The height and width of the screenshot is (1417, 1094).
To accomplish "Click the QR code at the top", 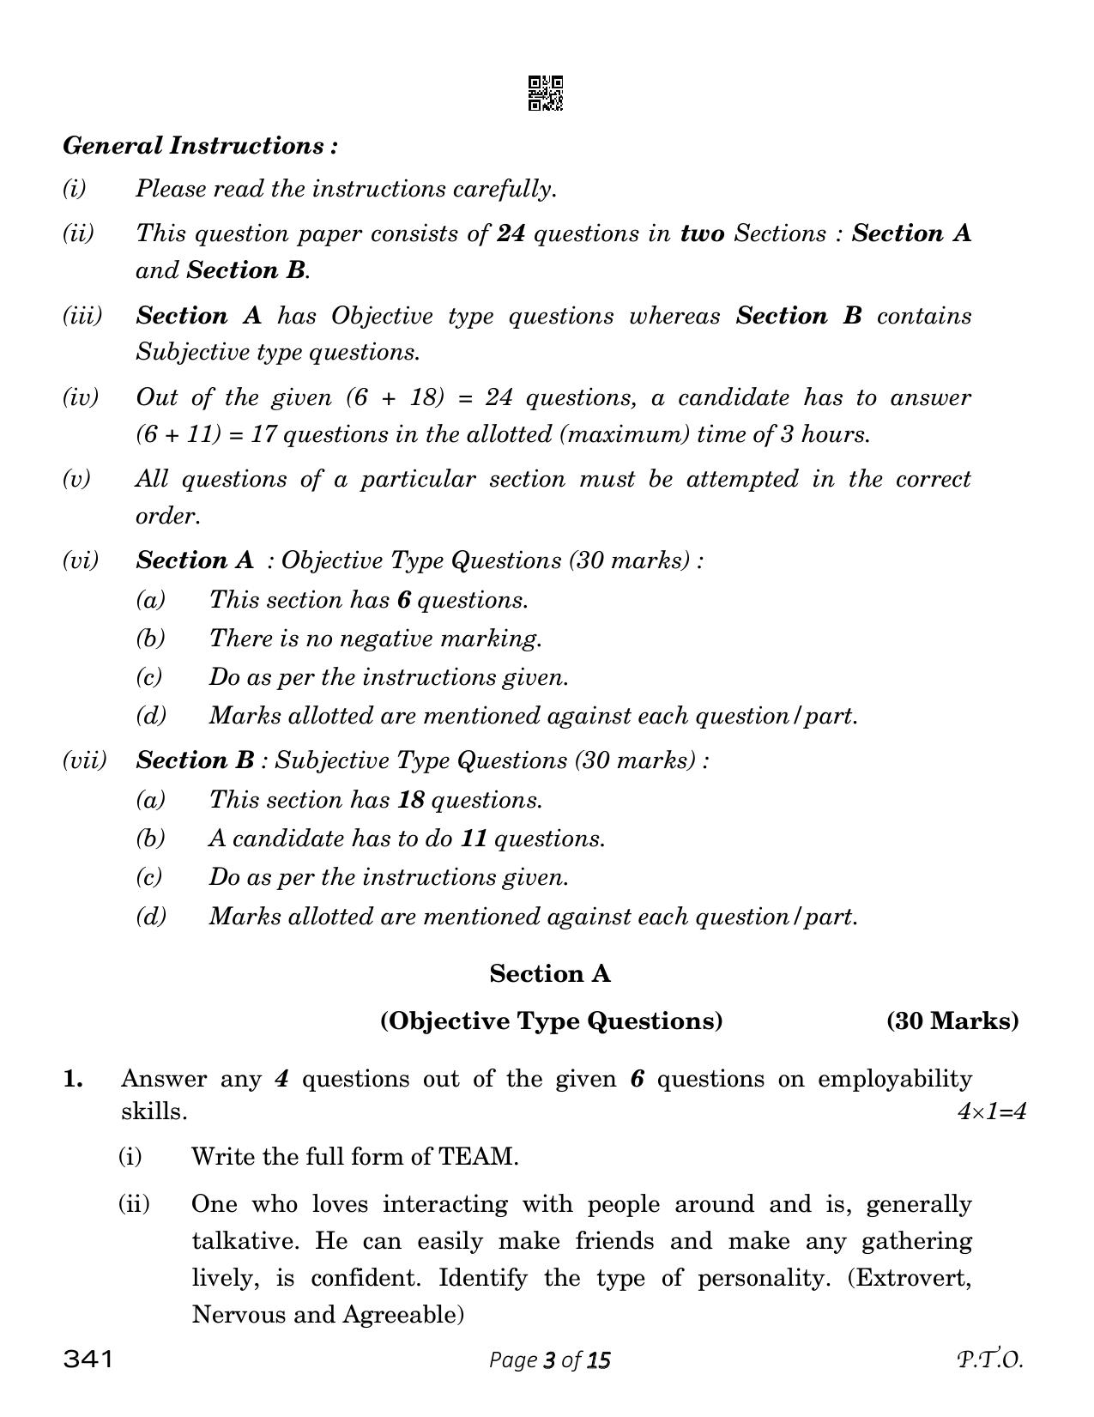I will point(545,94).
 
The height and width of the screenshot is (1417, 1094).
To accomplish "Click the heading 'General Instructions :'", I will point(200,146).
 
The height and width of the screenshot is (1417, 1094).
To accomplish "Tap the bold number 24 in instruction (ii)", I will point(511,233).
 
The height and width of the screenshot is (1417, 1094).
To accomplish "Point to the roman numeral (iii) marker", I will point(82,316).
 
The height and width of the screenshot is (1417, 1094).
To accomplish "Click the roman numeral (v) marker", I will point(76,479).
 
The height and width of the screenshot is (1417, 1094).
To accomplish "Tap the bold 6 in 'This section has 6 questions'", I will point(404,600).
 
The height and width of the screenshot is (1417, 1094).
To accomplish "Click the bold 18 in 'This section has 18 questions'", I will point(411,800).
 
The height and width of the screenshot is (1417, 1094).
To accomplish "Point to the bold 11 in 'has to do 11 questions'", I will point(474,839).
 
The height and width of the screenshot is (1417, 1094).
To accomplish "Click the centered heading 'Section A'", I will point(550,974).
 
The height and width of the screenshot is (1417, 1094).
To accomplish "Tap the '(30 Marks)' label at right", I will point(952,1020).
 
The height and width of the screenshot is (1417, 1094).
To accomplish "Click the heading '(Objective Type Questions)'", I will point(551,1020).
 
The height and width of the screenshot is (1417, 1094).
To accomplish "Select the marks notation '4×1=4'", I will point(991,1112).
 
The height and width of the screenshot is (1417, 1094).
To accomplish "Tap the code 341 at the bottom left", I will point(88,1359).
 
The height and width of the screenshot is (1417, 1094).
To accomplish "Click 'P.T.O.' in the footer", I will point(990,1360).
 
